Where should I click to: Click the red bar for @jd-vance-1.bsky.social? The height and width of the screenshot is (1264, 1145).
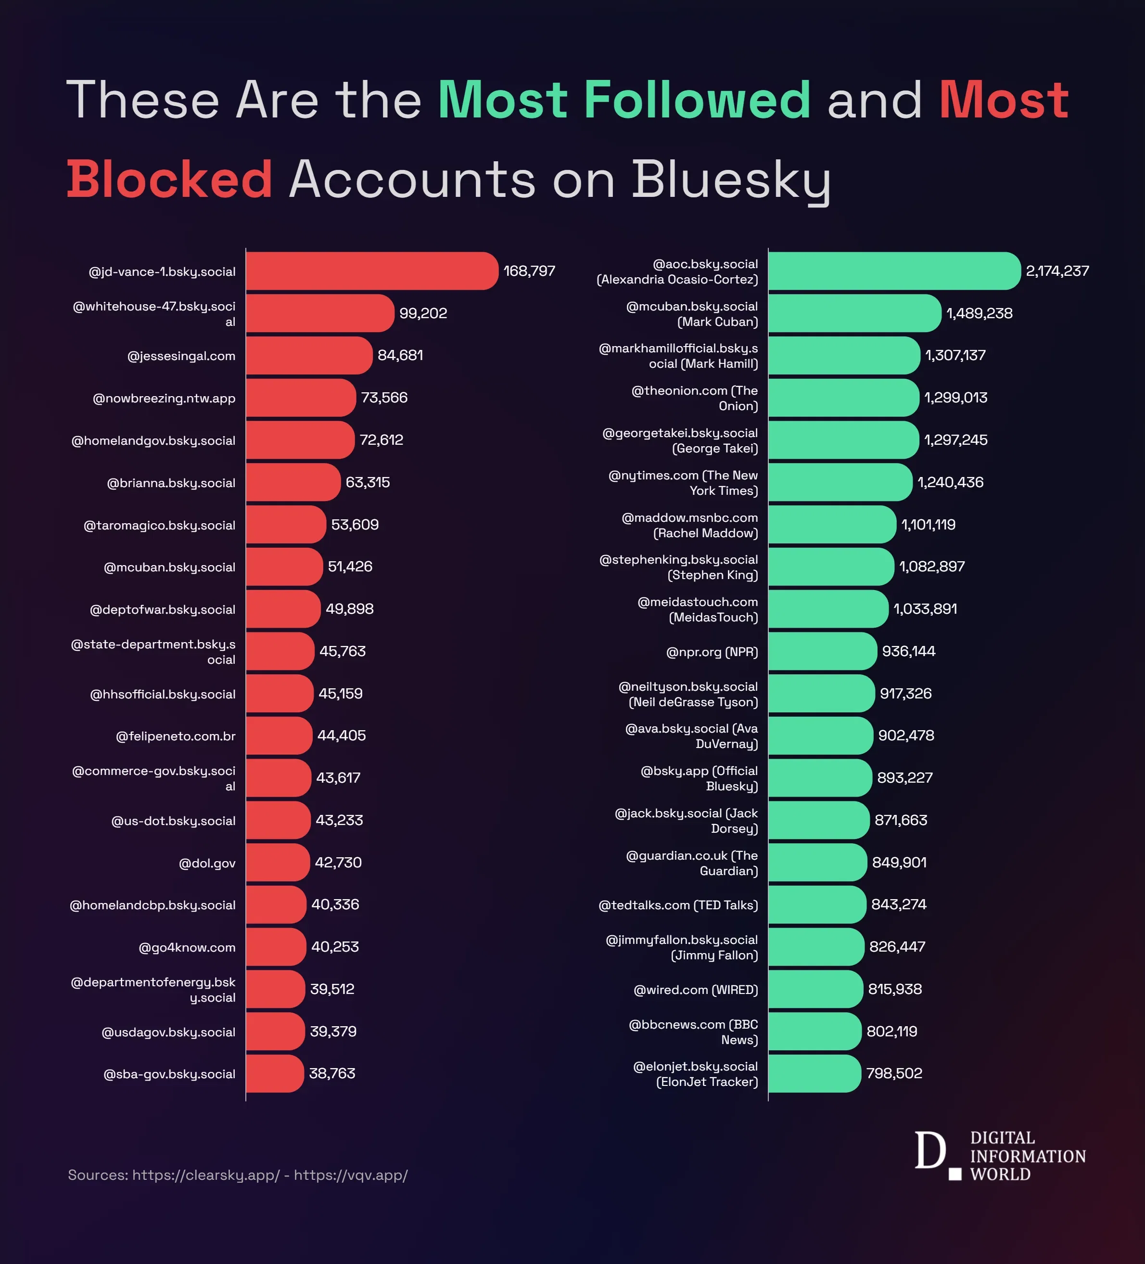pos(371,271)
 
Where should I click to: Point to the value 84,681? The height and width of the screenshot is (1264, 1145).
pos(400,355)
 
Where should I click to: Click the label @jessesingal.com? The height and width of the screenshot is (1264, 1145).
pos(181,356)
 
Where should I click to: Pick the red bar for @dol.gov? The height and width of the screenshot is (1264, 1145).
pos(277,862)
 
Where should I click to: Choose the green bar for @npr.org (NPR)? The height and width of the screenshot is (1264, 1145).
pos(822,651)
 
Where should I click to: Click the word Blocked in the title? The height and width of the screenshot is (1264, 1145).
pos(169,180)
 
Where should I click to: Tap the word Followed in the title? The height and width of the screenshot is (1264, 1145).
pos(696,100)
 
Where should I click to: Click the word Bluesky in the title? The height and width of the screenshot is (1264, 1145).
pos(731,181)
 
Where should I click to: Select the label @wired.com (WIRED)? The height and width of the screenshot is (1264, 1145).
pos(695,989)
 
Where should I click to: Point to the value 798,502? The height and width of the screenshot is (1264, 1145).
pos(894,1073)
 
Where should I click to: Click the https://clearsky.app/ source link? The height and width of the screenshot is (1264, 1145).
pos(205,1175)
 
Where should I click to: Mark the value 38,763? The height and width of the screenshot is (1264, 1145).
pos(331,1073)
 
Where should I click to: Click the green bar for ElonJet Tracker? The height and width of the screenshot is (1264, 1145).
pos(814,1073)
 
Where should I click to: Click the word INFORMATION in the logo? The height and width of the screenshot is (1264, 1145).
pos(1027,1156)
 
